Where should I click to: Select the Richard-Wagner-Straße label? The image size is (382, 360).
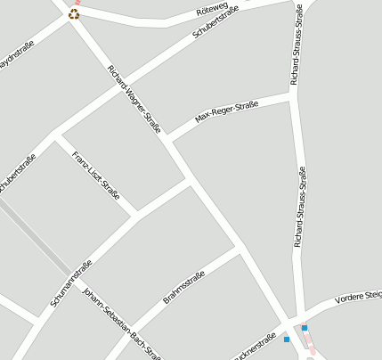133,99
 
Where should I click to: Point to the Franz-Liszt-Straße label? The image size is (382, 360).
96,176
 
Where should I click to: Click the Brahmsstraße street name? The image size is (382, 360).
184,286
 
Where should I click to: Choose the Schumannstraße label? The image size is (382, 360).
71,283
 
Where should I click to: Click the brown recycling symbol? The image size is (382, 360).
74,13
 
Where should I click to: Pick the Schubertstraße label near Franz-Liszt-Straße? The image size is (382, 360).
17,172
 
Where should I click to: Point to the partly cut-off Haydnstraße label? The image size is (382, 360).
15,56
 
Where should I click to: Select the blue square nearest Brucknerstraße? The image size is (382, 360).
287,340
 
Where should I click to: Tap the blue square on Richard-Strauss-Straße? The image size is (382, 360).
305,328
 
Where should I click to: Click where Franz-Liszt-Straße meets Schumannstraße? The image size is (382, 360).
136,215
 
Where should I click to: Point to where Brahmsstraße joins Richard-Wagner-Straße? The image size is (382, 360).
240,251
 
